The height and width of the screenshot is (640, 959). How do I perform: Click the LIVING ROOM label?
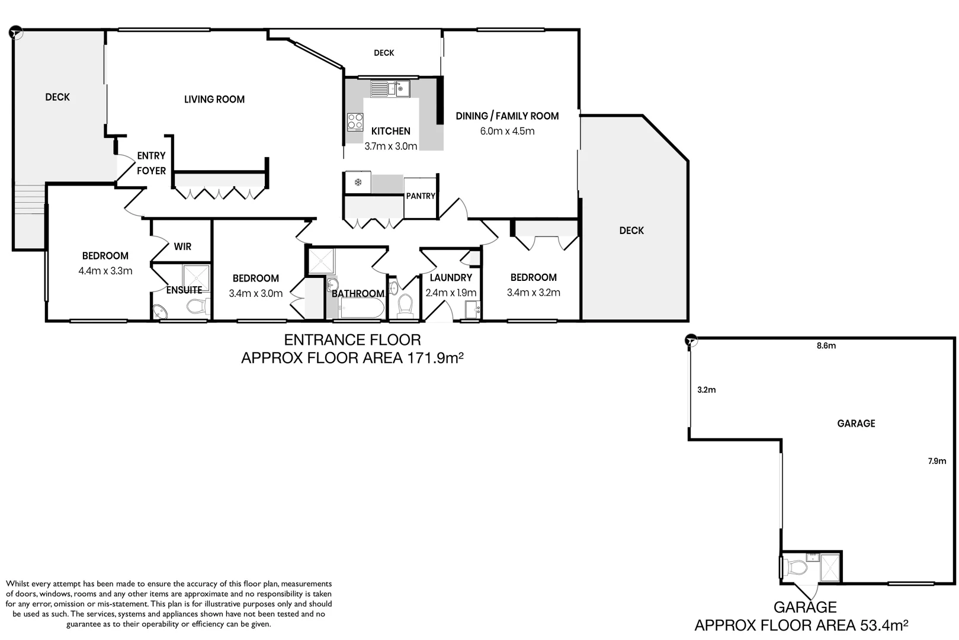click(x=214, y=100)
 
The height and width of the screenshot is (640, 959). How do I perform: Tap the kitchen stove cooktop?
click(x=355, y=121)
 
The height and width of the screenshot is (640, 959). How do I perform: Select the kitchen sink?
click(x=390, y=89)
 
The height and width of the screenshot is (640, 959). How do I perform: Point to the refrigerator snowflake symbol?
click(x=358, y=183)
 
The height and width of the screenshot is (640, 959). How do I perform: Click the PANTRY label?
click(x=421, y=196)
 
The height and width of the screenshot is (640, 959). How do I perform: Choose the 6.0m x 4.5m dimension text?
click(x=507, y=131)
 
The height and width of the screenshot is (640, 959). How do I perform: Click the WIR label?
click(x=182, y=247)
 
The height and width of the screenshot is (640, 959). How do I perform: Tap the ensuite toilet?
click(x=198, y=306)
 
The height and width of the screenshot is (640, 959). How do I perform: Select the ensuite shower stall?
click(x=196, y=277)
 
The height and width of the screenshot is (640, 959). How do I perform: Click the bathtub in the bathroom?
click(x=362, y=308)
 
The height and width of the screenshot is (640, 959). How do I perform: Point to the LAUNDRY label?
click(x=451, y=277)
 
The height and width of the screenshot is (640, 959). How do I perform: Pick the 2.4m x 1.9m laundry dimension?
click(x=451, y=293)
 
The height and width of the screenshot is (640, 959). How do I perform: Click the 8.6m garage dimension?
click(x=826, y=345)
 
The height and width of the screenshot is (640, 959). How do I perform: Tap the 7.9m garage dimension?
click(x=937, y=462)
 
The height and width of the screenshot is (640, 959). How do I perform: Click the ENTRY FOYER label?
click(x=151, y=163)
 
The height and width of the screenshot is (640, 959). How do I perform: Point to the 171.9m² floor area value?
click(x=435, y=358)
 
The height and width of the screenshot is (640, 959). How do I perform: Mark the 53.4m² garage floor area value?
click(x=884, y=625)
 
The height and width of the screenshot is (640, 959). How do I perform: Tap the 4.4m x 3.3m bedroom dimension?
click(x=105, y=271)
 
